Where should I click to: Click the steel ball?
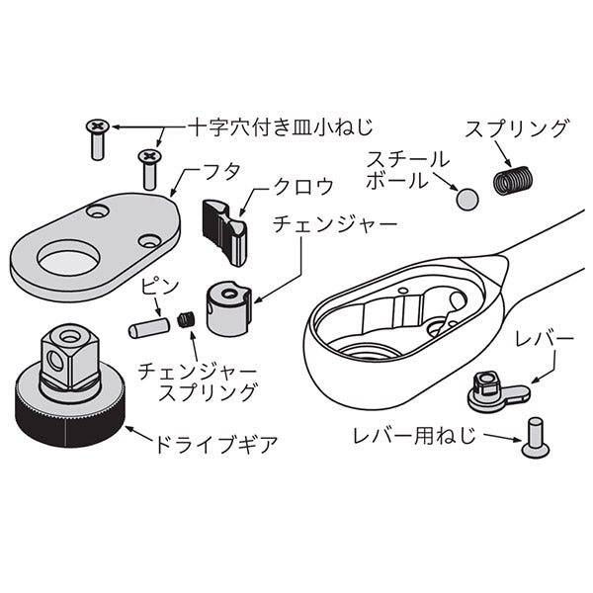(x=466, y=199)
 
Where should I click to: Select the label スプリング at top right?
(x=517, y=128)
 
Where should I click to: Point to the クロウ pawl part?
(x=224, y=229)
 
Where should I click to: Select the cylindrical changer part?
(x=227, y=305)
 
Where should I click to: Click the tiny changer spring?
(x=185, y=318)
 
